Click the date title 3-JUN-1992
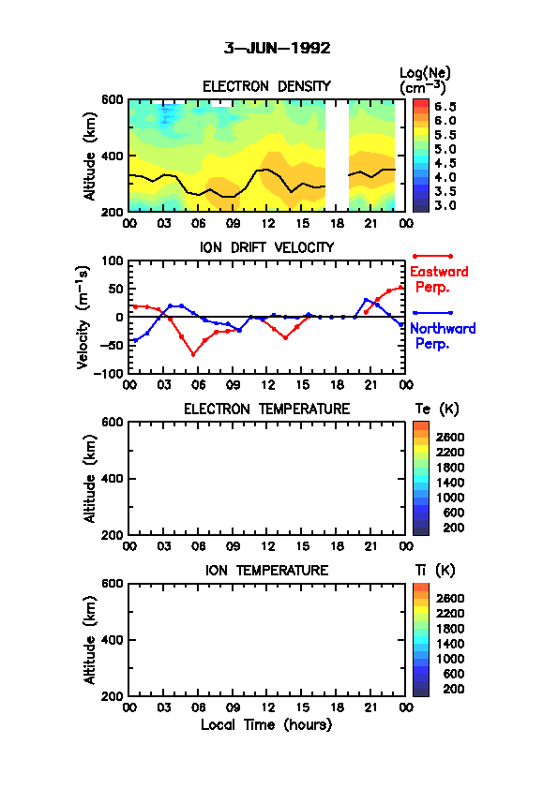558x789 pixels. click(277, 49)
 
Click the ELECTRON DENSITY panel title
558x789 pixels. click(266, 86)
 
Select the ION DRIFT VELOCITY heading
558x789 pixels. click(266, 247)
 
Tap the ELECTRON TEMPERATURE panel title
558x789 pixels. click(266, 409)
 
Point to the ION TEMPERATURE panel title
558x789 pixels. click(266, 570)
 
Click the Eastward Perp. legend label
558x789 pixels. click(439, 279)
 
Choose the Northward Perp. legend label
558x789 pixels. click(443, 336)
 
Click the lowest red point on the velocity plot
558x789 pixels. click(193, 355)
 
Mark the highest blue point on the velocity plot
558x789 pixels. click(366, 300)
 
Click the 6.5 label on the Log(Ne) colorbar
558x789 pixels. click(445, 107)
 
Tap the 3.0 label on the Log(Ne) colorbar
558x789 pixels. click(445, 205)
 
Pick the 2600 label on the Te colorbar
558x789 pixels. click(450, 438)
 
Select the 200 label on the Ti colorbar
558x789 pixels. click(453, 689)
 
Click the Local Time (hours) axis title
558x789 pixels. click(266, 725)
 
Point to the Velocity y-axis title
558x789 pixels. click(83, 317)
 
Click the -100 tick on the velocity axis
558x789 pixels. click(112, 373)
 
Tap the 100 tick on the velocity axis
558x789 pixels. click(113, 261)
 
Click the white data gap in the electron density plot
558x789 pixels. click(337, 156)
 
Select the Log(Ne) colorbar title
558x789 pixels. click(425, 81)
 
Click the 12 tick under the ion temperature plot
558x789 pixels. click(268, 707)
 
